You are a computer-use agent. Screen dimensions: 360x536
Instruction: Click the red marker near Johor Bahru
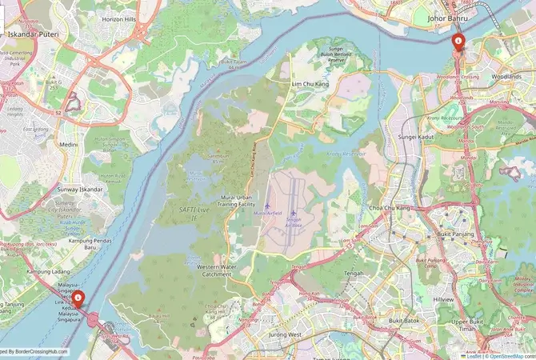click(458, 41)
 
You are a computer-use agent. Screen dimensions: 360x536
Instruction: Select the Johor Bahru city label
click(447, 17)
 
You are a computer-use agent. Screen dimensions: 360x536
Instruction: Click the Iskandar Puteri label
click(30, 34)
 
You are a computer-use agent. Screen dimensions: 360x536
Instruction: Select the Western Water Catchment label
click(217, 270)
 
